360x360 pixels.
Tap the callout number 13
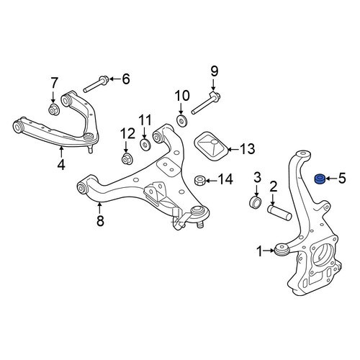[x=247, y=149]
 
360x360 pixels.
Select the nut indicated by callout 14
[x=199, y=181]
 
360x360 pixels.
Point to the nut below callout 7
[x=54, y=110]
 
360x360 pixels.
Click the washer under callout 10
[x=181, y=120]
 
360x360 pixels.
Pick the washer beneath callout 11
[x=145, y=145]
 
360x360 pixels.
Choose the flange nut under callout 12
[x=127, y=159]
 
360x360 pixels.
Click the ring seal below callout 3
[x=254, y=202]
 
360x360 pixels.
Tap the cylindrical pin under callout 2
[x=279, y=212]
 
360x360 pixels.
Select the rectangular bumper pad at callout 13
[x=210, y=146]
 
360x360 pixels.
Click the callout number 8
[x=100, y=220]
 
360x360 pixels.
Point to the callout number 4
[x=61, y=164]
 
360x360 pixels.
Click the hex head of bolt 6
[x=104, y=79]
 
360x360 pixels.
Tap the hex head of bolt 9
[x=215, y=96]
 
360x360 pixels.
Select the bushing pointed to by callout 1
[x=282, y=251]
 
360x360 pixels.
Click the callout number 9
[x=214, y=71]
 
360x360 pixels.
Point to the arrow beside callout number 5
[x=330, y=179]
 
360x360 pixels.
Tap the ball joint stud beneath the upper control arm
[x=90, y=149]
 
